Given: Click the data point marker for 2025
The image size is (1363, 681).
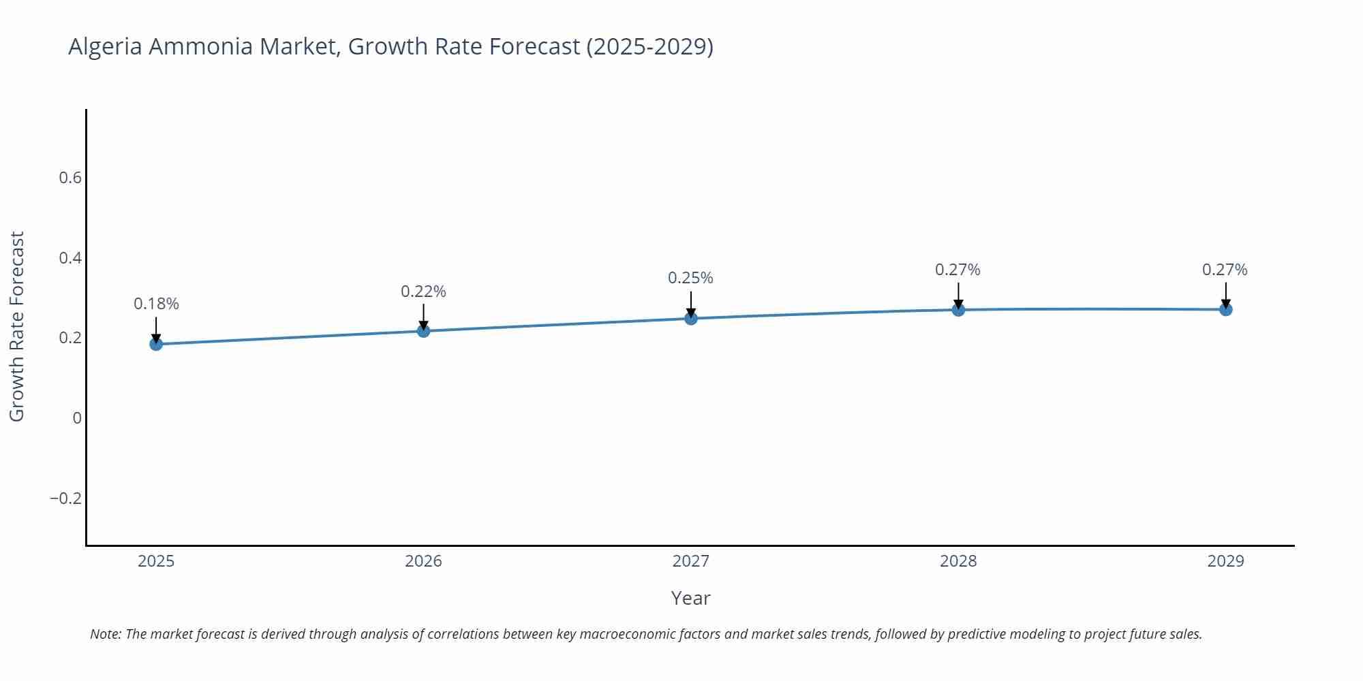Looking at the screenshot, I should tap(156, 344).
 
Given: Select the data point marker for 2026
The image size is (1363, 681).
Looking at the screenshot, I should tap(423, 331).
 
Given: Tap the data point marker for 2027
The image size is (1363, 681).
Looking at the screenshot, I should tap(691, 318).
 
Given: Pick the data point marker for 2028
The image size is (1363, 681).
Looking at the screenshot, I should tap(958, 310).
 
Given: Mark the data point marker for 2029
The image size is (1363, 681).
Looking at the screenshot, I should tap(1225, 310).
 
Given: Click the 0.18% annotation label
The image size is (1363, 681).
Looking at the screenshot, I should tap(156, 304).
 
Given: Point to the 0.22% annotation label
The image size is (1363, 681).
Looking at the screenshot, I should tap(423, 291).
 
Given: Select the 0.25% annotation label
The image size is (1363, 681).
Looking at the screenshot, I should tap(690, 278).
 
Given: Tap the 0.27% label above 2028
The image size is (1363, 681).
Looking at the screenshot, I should tap(958, 270).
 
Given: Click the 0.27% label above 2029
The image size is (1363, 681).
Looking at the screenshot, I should tap(1225, 270).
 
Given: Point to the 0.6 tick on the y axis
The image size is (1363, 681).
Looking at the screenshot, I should tap(70, 178).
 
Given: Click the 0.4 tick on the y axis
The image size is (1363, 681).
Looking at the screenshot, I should tap(70, 258).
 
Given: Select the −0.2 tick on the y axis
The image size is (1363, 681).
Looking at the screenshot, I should tap(65, 498).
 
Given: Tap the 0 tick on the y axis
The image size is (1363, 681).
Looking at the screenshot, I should tap(77, 418).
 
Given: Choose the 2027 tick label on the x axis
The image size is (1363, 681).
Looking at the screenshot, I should tap(690, 561).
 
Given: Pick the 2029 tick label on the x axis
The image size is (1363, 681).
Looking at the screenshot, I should tap(1225, 561).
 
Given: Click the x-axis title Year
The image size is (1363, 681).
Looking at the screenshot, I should tap(690, 598).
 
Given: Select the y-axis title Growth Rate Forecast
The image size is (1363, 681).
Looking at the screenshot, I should tap(17, 326).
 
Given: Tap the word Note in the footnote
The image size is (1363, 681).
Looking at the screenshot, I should tap(105, 634).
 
